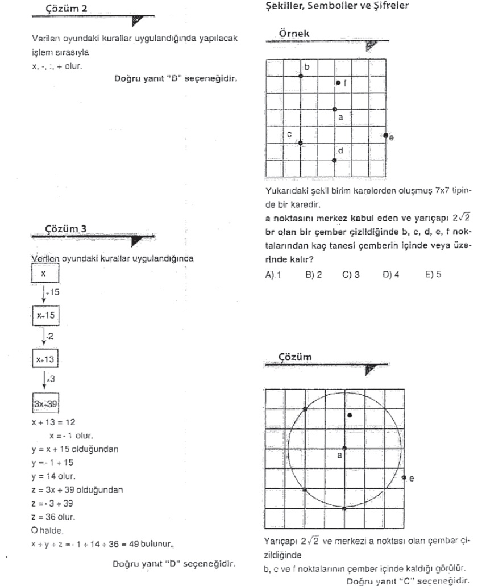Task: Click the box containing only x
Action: click(x=43, y=274)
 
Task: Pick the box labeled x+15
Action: click(x=44, y=314)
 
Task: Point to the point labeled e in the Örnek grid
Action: click(x=385, y=135)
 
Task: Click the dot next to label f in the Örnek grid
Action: click(x=338, y=82)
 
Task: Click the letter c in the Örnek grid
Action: click(x=289, y=135)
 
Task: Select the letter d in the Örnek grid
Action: click(x=340, y=150)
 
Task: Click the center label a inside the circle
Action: click(x=340, y=455)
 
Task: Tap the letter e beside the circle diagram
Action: click(x=412, y=478)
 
